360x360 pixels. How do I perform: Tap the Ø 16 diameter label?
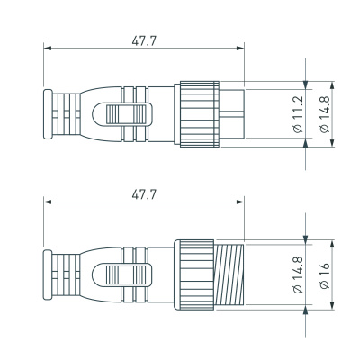(x=324, y=274)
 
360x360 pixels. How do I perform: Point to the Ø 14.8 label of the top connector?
(x=324, y=114)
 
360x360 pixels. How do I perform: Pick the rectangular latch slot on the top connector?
(x=126, y=115)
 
